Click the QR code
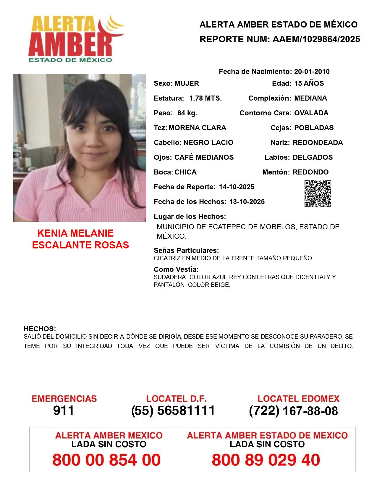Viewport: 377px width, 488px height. tap(318, 194)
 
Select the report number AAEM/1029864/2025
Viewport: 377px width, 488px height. tap(316, 39)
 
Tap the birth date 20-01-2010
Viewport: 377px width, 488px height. tap(312, 72)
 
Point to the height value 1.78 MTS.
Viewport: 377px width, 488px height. tap(206, 98)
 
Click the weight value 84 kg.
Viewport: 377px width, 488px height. tap(187, 113)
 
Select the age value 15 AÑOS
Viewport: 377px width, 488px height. tap(309, 83)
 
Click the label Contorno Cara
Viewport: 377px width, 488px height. tap(265, 113)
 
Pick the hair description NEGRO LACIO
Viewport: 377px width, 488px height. tap(208, 143)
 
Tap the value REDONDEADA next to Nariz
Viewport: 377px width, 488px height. tap(318, 143)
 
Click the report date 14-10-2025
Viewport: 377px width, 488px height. tap(237, 187)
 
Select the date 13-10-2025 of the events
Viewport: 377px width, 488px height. tap(247, 202)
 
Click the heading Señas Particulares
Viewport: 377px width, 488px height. tap(186, 251)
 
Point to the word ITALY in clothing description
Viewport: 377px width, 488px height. tap(322, 277)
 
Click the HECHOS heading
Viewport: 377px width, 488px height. tap(40, 329)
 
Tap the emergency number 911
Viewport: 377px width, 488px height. tap(64, 411)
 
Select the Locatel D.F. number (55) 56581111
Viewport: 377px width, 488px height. tap(173, 411)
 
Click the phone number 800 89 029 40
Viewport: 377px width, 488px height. tap(266, 460)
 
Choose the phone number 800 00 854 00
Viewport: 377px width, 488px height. tap(106, 460)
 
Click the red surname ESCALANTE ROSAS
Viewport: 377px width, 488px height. tap(80, 245)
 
